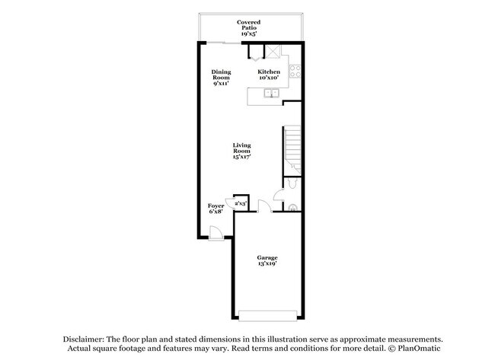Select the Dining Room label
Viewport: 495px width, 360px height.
click(x=221, y=75)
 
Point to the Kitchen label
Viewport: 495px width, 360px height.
click(x=269, y=72)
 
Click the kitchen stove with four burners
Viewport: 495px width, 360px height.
click(x=295, y=71)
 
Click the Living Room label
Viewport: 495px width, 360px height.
click(x=242, y=146)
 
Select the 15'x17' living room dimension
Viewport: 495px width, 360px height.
click(x=242, y=156)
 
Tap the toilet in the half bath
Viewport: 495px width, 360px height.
click(x=293, y=186)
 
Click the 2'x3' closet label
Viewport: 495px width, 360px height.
click(x=241, y=203)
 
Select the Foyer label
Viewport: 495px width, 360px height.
click(x=216, y=206)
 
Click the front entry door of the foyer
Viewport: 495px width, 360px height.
click(x=216, y=234)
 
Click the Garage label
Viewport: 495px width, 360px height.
click(x=267, y=258)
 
